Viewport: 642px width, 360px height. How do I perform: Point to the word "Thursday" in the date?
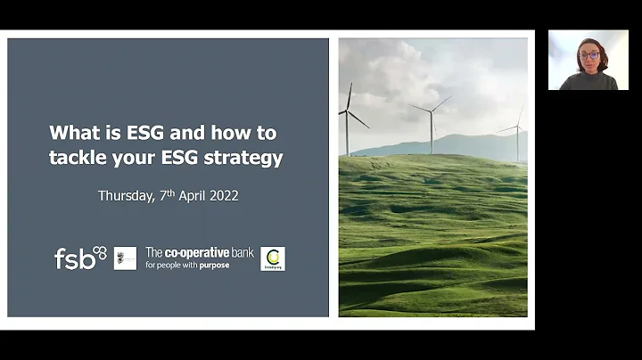tap(124, 196)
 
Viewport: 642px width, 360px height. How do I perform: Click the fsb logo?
tap(79, 258)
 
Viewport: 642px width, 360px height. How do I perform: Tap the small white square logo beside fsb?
tap(125, 258)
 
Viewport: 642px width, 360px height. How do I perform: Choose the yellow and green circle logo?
tap(272, 258)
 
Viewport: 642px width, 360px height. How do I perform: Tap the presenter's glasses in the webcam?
tap(589, 55)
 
